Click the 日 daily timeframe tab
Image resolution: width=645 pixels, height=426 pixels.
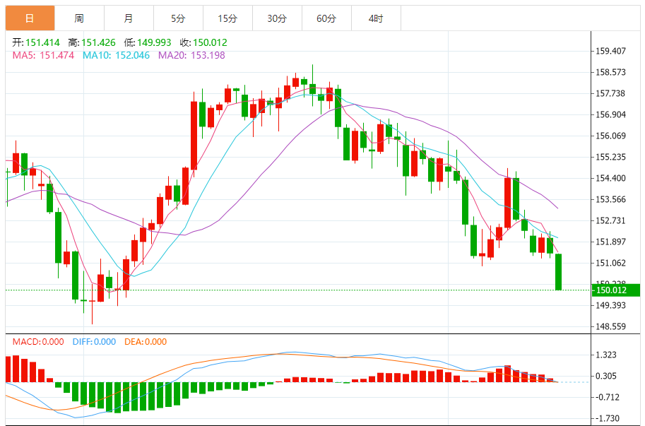pos(30,18)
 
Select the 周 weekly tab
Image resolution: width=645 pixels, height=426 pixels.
pos(79,18)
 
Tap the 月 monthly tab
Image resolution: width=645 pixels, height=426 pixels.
pos(129,18)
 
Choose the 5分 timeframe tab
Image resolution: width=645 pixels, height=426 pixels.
pos(178,18)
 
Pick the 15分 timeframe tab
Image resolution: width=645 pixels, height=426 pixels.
pos(227,18)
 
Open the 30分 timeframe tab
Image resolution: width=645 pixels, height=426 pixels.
pos(277,18)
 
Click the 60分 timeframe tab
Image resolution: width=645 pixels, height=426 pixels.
pos(326,18)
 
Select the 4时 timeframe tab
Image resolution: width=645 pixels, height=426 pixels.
pos(376,18)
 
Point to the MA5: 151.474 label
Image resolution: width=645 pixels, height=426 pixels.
pos(44,55)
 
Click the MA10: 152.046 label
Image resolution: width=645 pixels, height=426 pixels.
pos(117,55)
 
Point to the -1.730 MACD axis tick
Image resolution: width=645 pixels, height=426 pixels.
pos(608,418)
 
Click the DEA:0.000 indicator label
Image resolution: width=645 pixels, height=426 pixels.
pos(146,342)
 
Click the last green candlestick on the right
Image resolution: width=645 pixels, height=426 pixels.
pos(559,271)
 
